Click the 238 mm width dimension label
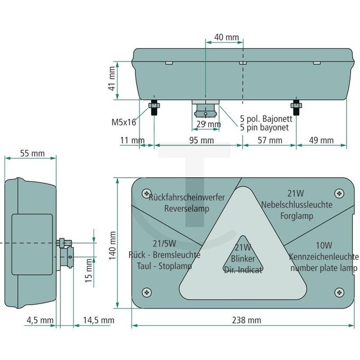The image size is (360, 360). tap(246, 320)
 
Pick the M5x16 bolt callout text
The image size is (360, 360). tap(124, 122)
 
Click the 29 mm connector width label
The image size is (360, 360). tap(208, 124)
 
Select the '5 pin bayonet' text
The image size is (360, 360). tap(265, 127)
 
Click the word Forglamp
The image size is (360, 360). tap(297, 215)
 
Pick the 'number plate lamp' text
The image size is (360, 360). tap(323, 268)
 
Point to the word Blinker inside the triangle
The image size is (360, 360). tap(243, 259)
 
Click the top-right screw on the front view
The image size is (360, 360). tap(340, 193)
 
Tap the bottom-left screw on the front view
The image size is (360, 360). tap(146, 291)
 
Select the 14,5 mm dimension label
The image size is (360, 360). tap(98, 320)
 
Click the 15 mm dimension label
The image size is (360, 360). tap(89, 271)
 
